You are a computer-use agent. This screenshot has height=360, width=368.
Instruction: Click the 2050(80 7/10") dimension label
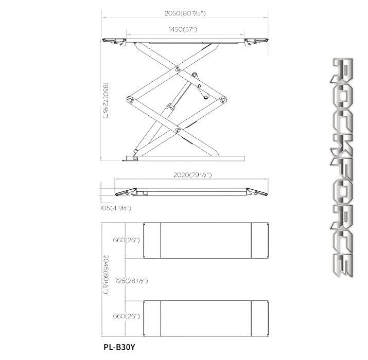point(185,13)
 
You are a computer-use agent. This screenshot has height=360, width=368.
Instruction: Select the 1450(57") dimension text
point(183,29)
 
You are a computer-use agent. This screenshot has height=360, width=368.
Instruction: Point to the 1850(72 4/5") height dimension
point(106,100)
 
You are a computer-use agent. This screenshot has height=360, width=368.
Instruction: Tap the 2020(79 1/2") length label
point(192,175)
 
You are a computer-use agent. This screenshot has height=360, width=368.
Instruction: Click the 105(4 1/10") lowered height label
point(115,208)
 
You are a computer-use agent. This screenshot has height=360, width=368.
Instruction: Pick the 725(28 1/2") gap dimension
point(131,281)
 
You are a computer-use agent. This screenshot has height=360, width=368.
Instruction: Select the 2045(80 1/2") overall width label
point(106,275)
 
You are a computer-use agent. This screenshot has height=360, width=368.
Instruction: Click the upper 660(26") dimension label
point(127,240)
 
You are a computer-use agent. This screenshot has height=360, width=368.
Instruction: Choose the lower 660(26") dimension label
point(127,316)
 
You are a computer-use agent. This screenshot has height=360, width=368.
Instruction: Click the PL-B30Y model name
point(119,347)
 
